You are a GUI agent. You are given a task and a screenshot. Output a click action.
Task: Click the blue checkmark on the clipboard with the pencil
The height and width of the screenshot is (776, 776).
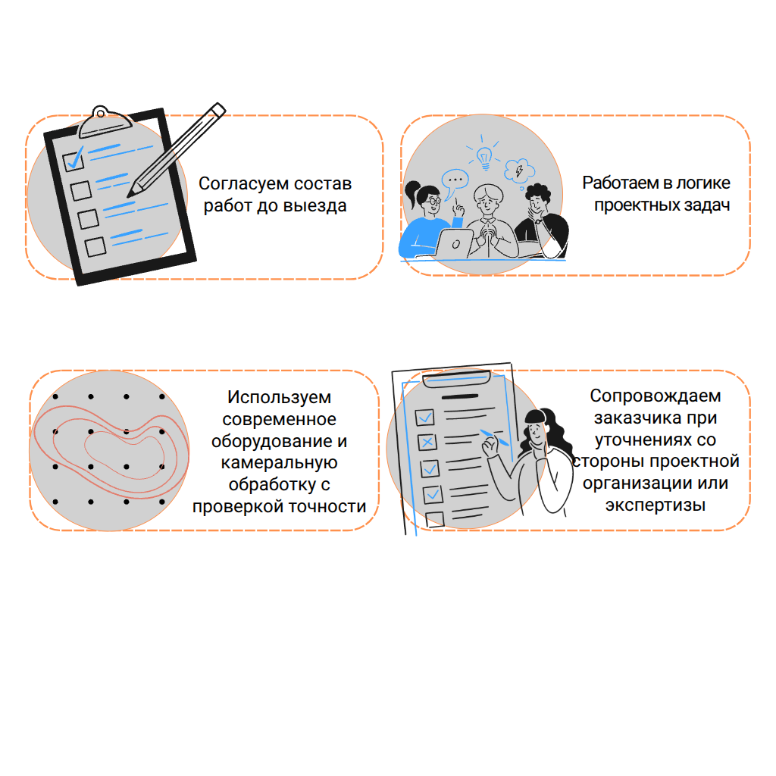[75, 158]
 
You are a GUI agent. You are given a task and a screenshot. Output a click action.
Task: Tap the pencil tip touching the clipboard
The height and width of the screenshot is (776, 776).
[129, 195]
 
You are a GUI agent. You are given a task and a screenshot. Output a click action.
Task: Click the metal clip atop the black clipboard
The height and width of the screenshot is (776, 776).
[104, 121]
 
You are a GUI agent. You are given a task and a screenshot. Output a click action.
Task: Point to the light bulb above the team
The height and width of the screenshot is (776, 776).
[484, 158]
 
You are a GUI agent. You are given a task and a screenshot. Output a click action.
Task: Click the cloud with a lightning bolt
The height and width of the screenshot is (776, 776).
[519, 171]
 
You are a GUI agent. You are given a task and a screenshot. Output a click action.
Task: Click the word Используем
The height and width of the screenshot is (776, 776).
[279, 397]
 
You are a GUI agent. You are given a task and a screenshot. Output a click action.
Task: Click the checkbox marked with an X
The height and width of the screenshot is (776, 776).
[427, 442]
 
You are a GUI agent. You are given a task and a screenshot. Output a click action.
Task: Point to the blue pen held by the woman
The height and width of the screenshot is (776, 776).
[494, 437]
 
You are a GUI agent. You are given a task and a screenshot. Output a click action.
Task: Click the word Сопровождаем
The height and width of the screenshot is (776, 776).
[656, 396]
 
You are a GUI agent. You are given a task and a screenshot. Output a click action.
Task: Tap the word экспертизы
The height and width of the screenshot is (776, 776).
[656, 505]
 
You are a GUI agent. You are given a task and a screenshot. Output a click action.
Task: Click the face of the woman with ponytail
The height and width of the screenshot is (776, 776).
[432, 202]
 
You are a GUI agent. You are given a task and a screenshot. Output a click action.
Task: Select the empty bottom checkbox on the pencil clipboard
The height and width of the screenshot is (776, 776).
[95, 246]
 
